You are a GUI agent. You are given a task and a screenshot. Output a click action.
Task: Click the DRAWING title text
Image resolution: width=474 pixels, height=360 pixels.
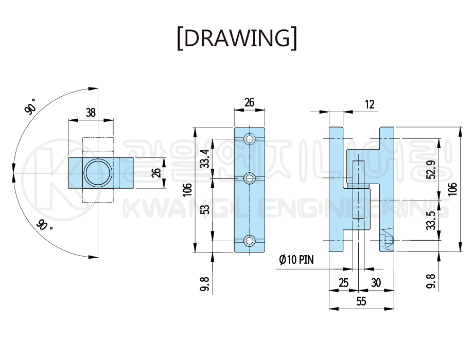(237, 38)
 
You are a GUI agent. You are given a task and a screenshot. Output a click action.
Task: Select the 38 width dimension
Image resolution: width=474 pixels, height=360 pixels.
(91, 113)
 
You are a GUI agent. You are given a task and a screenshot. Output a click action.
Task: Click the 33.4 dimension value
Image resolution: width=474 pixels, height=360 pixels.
(205, 158)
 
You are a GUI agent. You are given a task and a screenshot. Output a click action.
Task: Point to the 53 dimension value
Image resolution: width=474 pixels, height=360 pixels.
(205, 209)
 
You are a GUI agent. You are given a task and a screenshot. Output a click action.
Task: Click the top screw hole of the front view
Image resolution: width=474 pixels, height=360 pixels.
(250, 139)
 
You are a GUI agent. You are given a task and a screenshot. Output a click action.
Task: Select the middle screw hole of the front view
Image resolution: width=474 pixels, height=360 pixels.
(250, 178)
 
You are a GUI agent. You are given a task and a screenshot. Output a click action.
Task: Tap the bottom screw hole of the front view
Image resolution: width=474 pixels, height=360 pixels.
(250, 241)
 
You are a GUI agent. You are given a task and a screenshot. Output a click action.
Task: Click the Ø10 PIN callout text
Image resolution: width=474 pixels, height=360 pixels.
(296, 259)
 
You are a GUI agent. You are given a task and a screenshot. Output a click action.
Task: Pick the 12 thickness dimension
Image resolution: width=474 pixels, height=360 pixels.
(370, 104)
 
